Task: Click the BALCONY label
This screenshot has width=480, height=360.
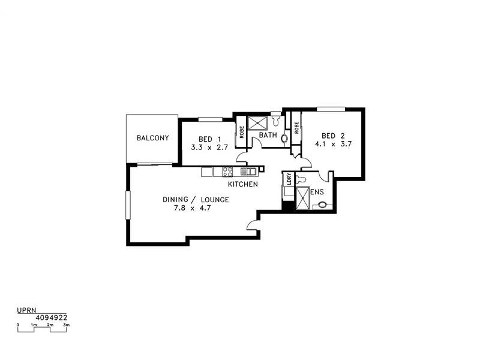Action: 152,138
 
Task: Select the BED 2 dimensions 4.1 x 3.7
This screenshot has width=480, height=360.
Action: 332,145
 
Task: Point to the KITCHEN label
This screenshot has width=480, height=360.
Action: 243,184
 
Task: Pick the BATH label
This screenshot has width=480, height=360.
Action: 268,136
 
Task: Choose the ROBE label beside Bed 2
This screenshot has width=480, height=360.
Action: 296,128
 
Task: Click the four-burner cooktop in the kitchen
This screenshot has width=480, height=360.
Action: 227,172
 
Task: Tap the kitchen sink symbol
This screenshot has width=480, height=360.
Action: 247,172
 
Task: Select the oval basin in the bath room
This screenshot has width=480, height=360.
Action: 284,137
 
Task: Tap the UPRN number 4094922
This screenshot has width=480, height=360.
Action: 52,319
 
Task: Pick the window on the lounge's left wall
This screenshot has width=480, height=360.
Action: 127,205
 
